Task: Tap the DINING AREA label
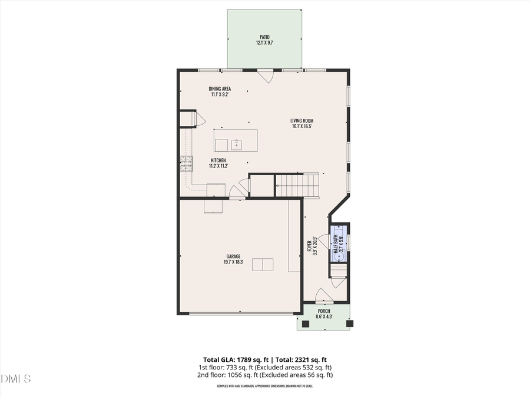[x=219, y=88]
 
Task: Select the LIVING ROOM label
[x=302, y=121]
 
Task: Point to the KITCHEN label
[x=218, y=160]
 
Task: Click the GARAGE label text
[x=233, y=256]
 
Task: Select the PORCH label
[x=324, y=311]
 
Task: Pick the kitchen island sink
[x=237, y=144]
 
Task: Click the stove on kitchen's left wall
[x=186, y=163]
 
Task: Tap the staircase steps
[x=297, y=185]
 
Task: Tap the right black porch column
[x=349, y=323]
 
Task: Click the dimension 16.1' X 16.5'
[x=302, y=126]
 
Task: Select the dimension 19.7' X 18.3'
[x=233, y=262]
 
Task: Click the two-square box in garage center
[x=263, y=265]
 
